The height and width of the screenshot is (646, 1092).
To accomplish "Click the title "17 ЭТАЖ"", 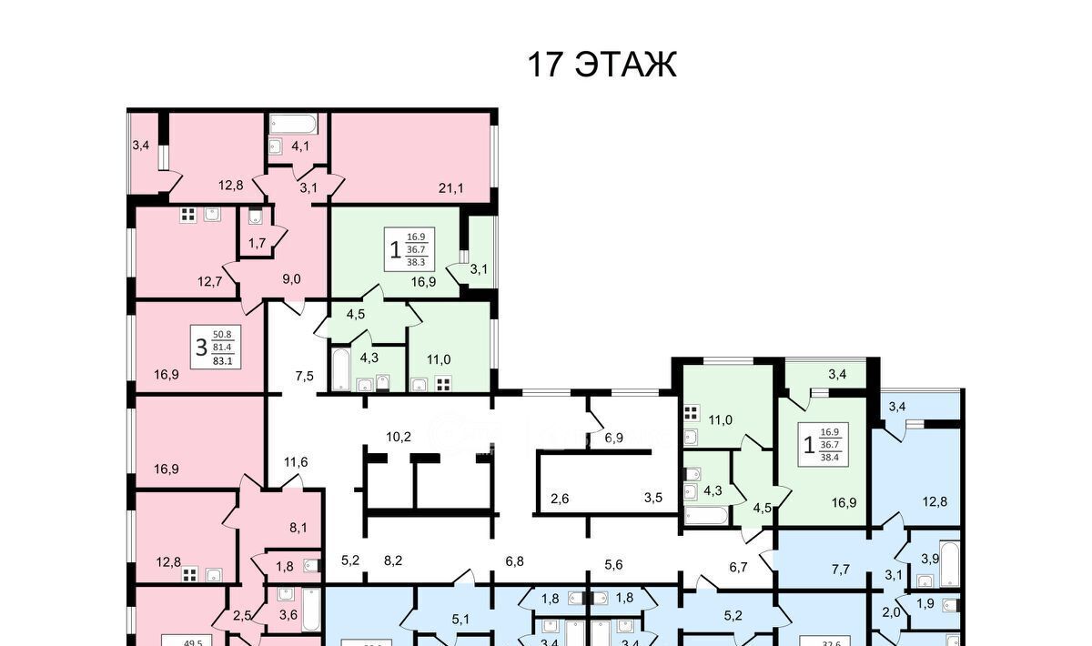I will point(602,66).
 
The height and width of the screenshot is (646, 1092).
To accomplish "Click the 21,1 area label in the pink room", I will point(451,189).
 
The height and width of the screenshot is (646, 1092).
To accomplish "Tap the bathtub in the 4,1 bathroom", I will point(293,125).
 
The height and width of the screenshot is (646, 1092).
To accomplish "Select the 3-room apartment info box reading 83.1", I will point(211,346).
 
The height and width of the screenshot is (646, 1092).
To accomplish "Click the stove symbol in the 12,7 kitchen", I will point(188,216).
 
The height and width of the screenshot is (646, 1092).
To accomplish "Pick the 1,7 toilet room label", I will point(257,243).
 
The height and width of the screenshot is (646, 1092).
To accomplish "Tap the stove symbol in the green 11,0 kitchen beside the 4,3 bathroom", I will point(443,383).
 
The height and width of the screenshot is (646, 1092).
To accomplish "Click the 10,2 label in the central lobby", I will point(399,437).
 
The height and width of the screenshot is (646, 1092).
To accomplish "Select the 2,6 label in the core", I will point(560,499).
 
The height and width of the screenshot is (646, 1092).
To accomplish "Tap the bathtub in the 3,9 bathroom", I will point(949,564).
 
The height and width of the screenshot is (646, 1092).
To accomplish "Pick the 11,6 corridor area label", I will point(295,462).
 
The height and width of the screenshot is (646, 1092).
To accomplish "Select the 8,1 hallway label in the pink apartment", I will point(298,526).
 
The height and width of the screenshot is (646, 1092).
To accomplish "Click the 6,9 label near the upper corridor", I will point(614,438).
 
